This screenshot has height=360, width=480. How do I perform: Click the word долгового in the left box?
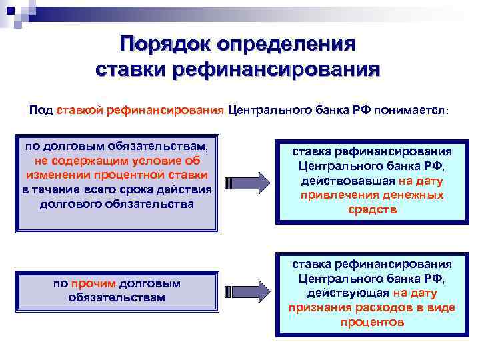coord(71,204)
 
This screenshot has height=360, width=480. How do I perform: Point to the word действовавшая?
coord(342,181)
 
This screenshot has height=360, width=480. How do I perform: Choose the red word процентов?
coord(371,322)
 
